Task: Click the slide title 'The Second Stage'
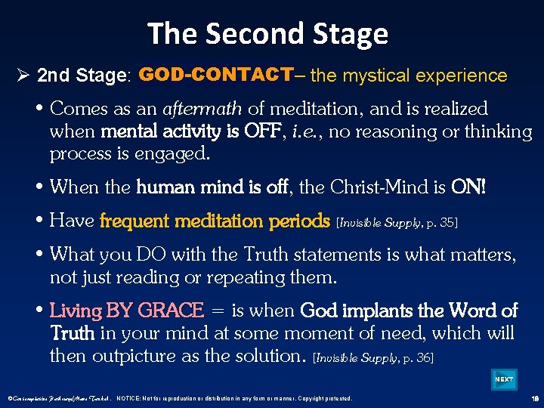tap(267, 34)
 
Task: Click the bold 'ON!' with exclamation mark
tap(470, 186)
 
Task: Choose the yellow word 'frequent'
tap(132, 221)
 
